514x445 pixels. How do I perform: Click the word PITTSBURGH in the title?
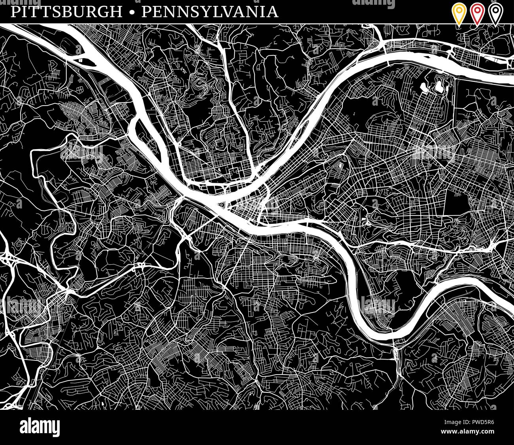tap(66, 12)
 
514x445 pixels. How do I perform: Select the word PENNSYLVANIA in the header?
tap(210, 12)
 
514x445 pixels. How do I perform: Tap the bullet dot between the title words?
tap(132, 12)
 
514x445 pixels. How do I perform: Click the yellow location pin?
tap(459, 13)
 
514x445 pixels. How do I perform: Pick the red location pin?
tap(476, 13)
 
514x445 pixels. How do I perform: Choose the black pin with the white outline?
tap(494, 13)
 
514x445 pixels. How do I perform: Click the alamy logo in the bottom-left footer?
tap(40, 427)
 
